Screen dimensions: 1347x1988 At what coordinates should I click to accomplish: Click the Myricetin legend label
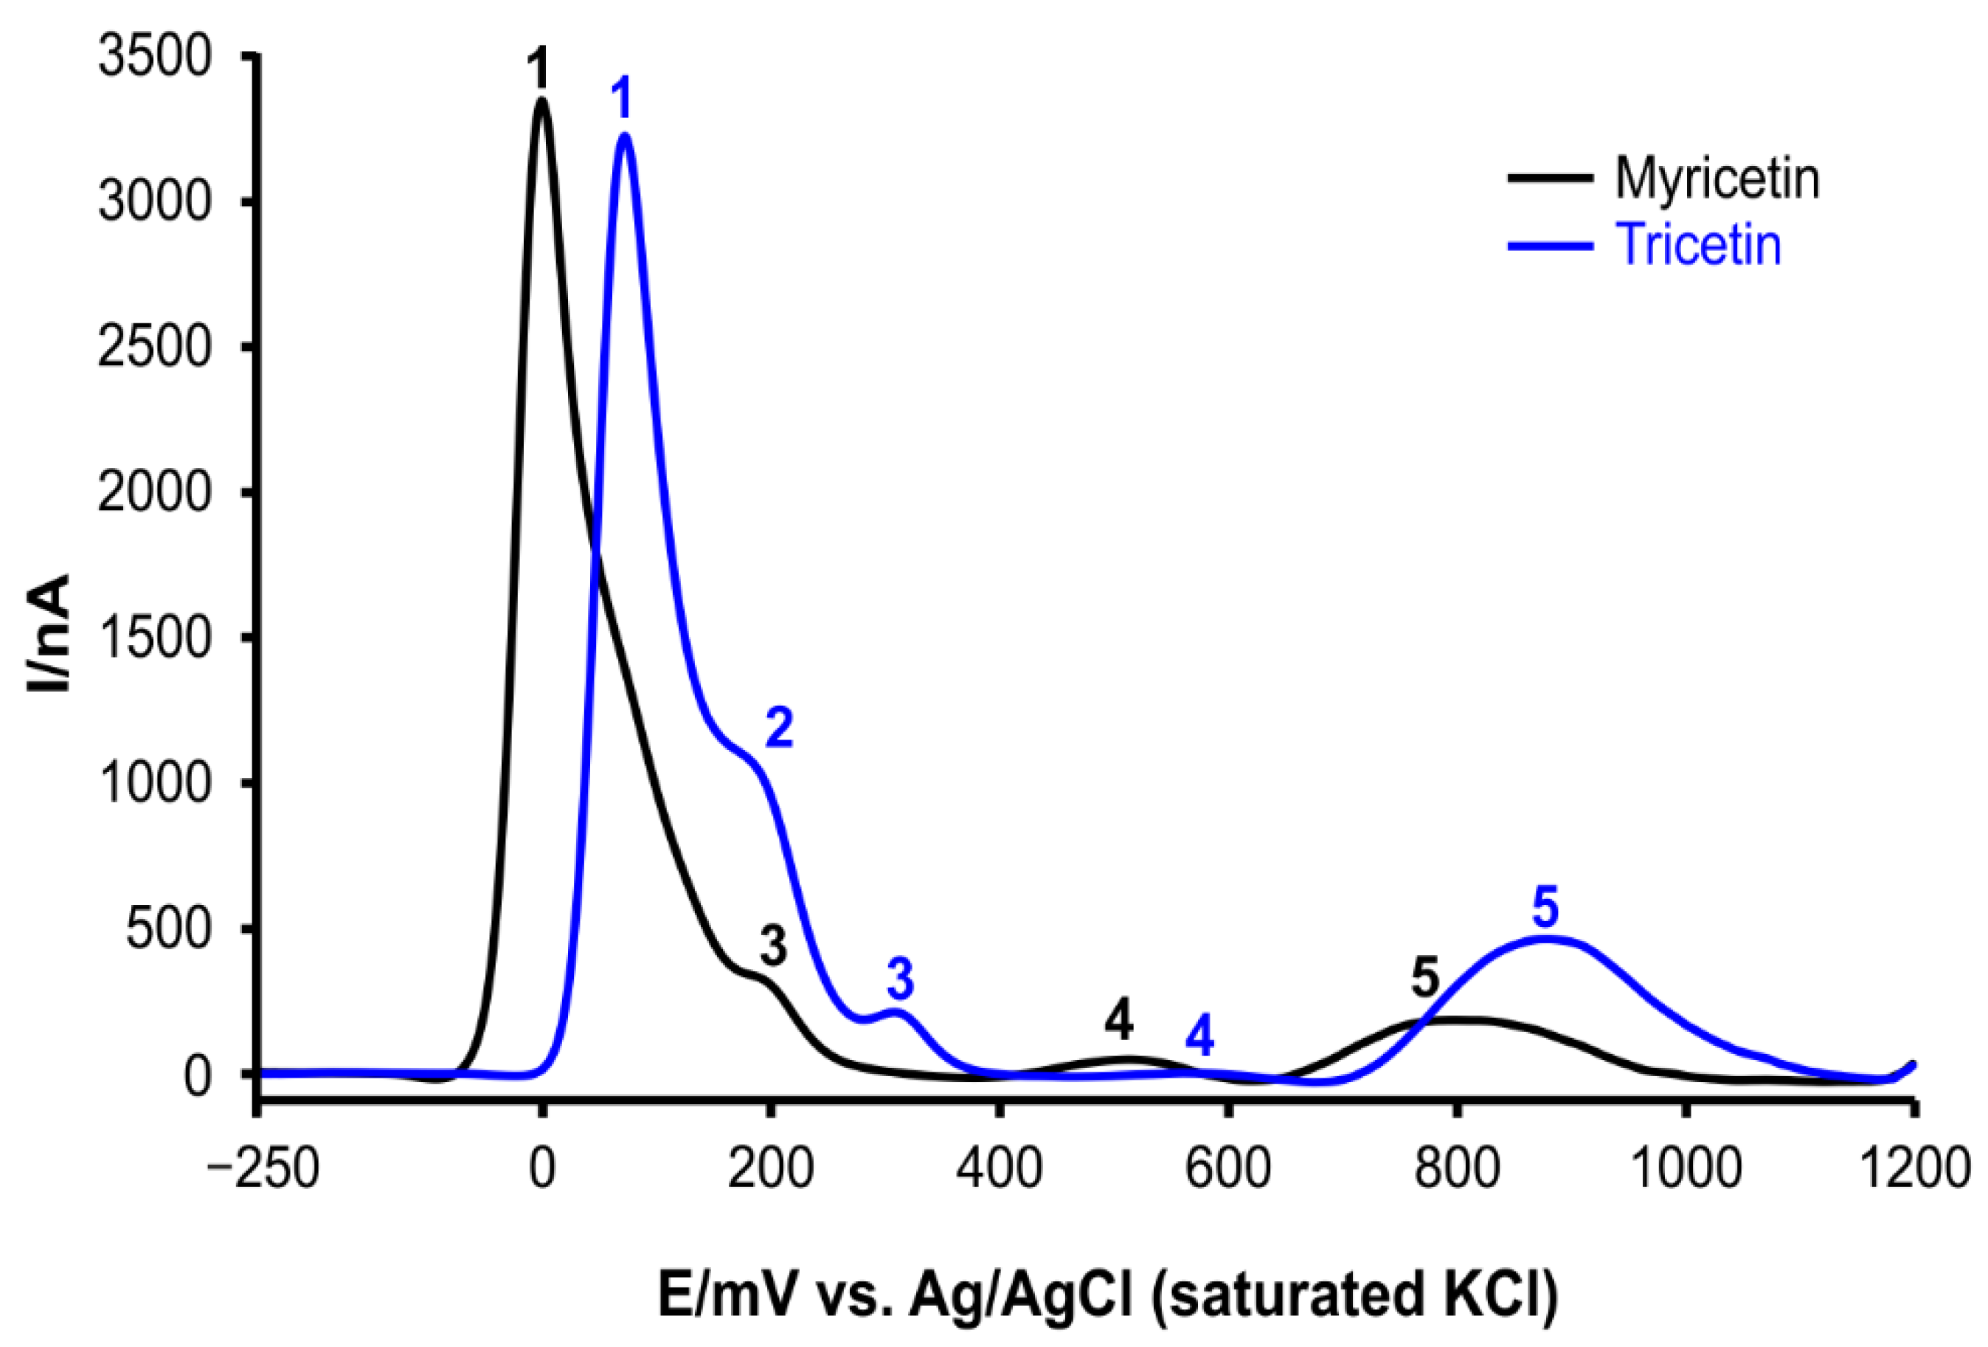tap(1716, 179)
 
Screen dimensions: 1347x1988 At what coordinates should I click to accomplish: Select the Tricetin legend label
tap(1699, 246)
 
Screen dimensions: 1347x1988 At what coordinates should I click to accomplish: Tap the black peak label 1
tap(537, 69)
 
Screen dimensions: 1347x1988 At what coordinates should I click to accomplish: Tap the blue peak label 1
tap(623, 99)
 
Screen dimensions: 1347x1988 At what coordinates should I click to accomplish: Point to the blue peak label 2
tap(778, 728)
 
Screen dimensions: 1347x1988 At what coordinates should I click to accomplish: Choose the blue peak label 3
tap(900, 979)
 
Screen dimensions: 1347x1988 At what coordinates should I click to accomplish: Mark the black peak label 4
tap(1118, 1020)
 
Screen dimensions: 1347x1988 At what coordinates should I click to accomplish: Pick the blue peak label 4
tap(1199, 1036)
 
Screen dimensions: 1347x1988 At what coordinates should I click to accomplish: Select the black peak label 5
tap(1425, 977)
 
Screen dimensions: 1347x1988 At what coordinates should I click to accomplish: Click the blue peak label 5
tap(1545, 907)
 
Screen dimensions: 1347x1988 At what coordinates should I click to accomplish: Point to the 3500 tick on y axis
tap(154, 58)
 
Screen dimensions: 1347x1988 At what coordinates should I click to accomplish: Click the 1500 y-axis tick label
tap(154, 638)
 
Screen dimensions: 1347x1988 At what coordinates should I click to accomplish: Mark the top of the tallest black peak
tap(541, 100)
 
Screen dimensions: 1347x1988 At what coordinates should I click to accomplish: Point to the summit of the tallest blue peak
tap(625, 134)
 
